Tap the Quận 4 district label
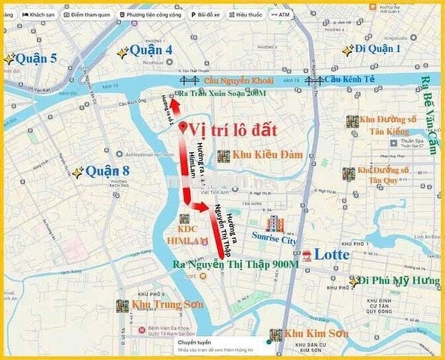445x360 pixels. pos(152,51)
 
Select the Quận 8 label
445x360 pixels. pos(108,171)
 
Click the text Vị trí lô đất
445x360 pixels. pos(233,131)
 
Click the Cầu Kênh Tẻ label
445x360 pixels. pos(349,80)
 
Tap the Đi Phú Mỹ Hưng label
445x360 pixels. pos(399,281)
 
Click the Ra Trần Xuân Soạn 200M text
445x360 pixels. pos(222,94)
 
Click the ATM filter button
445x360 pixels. pos(279,14)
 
